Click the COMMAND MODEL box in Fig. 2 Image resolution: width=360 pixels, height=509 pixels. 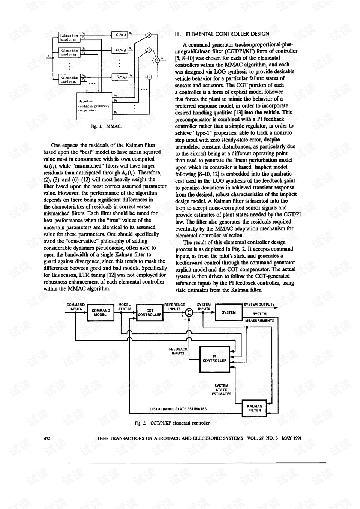click(101, 313)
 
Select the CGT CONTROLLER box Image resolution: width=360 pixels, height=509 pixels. click(150, 313)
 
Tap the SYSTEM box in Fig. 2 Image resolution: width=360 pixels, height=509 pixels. click(229, 312)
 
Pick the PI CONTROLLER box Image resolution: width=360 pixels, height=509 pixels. click(214, 359)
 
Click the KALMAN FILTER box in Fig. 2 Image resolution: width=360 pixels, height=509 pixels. click(255, 408)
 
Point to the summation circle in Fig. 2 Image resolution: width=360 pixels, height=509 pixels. click(189, 312)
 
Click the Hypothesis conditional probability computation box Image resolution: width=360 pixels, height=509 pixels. click(94, 106)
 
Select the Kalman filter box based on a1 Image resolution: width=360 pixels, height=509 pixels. click(69, 37)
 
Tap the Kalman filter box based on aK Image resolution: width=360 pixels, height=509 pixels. click(69, 79)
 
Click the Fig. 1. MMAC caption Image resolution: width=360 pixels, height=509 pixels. click(106, 126)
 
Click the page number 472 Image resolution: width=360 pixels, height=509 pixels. click(47, 438)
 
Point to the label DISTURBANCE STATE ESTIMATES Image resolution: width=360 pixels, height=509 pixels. click(178, 409)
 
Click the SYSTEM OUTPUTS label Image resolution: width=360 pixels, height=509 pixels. click(259, 305)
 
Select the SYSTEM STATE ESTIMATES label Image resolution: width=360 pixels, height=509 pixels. click(221, 390)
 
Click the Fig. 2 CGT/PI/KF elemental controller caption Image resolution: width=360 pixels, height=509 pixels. click(172, 423)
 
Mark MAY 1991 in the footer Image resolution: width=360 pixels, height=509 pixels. click(292, 438)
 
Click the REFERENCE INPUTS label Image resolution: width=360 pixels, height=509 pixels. click(174, 307)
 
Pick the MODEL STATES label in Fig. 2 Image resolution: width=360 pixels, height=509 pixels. click(124, 307)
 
